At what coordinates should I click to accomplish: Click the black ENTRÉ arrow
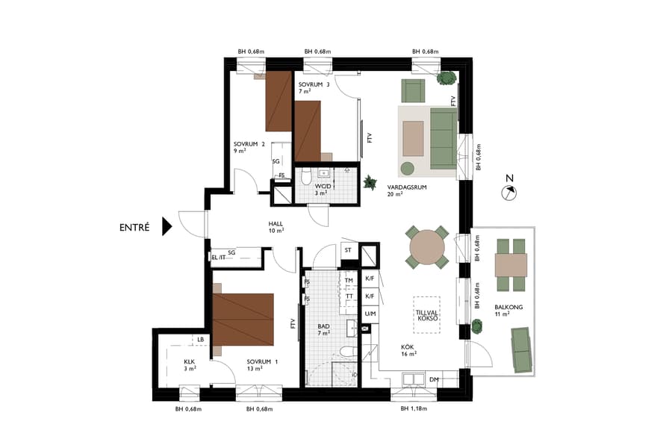(167, 227)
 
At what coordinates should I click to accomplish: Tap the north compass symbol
(509, 193)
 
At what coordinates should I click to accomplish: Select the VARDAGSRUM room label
(407, 187)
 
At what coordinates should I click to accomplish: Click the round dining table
(427, 247)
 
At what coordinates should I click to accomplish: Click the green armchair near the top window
(414, 90)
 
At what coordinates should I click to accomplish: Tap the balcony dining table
(511, 264)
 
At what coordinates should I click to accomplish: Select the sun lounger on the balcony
(523, 349)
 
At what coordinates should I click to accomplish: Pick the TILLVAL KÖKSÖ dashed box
(426, 314)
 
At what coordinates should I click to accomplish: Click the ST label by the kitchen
(348, 250)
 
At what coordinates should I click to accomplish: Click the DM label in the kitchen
(434, 380)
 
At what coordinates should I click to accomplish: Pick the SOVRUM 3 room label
(314, 84)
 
